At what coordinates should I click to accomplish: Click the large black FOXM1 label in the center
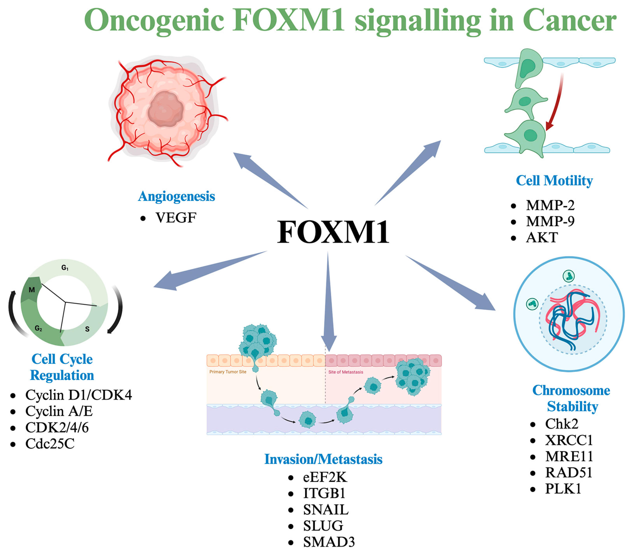coord(333,232)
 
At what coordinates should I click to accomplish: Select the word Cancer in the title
coord(569,20)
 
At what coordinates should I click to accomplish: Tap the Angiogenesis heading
coord(176,196)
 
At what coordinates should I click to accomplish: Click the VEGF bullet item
coord(176,218)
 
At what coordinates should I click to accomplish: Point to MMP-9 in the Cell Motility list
coord(550,221)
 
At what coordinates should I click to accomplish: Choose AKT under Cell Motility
coord(542,237)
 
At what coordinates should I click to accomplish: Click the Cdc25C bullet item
coord(50,444)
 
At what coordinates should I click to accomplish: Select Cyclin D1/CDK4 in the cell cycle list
coord(78,395)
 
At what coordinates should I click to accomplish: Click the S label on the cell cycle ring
coord(87,329)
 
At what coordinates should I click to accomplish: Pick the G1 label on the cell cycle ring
coord(65,268)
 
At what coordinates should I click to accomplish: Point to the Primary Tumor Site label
coord(228,372)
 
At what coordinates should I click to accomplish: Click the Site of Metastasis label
coord(345,372)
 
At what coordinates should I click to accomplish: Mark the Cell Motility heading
coord(554,181)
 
